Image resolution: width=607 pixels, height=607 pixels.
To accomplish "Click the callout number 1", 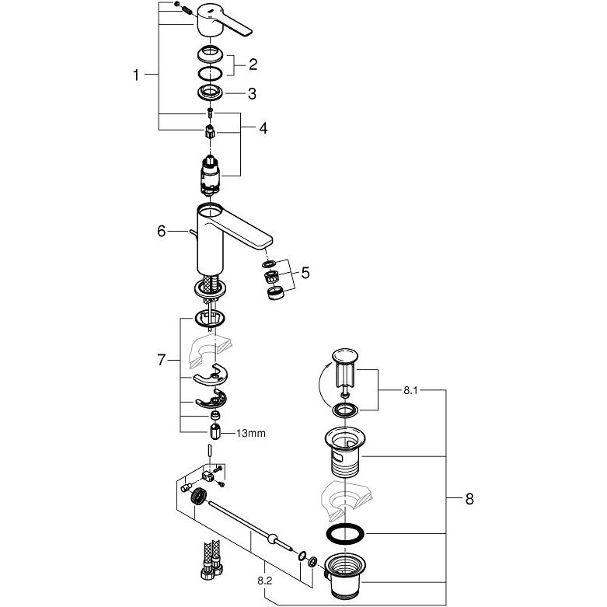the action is coord(136,75).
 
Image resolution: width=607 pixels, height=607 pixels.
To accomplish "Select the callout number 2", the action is coord(253,65).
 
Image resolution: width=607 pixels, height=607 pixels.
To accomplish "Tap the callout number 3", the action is coord(252,94).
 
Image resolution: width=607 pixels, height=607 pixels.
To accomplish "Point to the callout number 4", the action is coord(263,128).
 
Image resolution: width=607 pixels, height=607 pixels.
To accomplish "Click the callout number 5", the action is coord(305,273).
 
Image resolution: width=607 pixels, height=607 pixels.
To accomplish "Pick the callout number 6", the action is coord(162,232).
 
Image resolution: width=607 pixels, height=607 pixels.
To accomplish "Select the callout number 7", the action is coord(162,361).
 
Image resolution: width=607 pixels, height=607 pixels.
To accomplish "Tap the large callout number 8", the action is coord(469,499).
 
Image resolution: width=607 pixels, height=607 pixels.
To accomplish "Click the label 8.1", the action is coord(410,391).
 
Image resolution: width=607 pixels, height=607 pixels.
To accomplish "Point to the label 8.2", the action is coord(265,581).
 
